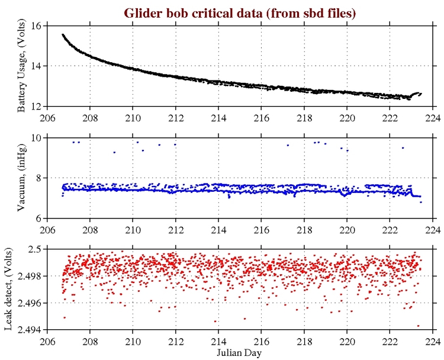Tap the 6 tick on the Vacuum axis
(37, 218)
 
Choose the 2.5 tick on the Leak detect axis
(32, 249)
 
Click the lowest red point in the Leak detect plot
(418, 326)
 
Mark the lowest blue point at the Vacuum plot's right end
(421, 202)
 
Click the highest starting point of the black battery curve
(63, 34)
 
